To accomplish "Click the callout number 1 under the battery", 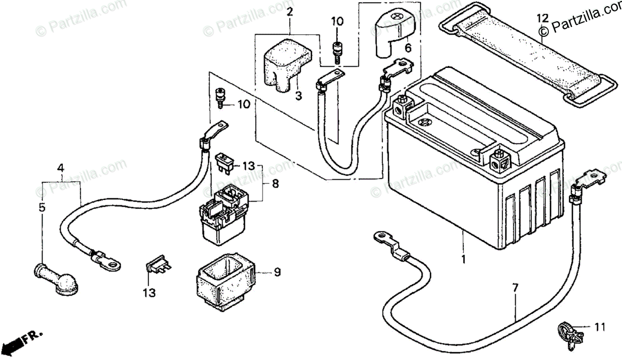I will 463,258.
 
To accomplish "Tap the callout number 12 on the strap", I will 542,19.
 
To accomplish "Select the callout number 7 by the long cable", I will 515,286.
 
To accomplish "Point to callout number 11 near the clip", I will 600,327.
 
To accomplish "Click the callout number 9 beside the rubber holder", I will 277,272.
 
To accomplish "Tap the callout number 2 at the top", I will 289,11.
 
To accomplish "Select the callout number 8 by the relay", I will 275,183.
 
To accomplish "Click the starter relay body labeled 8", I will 225,218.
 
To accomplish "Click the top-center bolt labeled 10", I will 337,50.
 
